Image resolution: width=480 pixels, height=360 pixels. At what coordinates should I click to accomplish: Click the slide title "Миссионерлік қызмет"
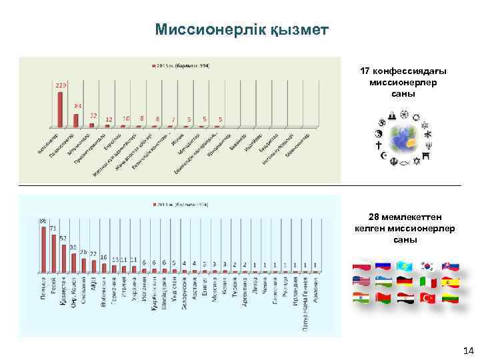241,30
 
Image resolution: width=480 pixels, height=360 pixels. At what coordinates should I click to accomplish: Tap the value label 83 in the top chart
77,106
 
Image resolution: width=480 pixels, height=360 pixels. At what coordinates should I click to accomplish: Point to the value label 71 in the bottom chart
53,228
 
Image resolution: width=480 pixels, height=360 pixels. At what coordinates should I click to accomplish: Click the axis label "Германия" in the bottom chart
114,291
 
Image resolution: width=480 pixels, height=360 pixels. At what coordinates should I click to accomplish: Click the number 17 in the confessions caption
365,71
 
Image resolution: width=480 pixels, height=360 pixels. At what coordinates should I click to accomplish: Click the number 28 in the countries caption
375,217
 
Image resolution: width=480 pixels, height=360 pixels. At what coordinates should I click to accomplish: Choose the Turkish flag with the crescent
427,298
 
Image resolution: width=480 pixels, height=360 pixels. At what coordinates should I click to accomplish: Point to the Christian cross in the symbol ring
378,144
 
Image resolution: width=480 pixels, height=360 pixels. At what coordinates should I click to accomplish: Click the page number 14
467,350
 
